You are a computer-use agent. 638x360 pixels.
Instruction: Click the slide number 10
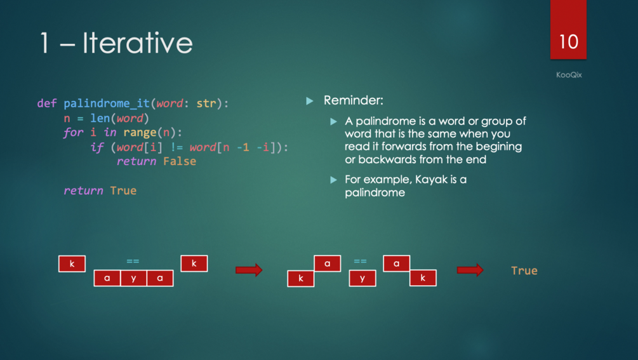click(568, 42)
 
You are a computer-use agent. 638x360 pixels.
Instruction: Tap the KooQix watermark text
click(569, 75)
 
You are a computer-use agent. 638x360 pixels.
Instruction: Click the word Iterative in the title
click(138, 43)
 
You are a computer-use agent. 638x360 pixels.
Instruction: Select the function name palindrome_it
click(107, 103)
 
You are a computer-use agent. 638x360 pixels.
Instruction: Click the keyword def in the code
click(47, 103)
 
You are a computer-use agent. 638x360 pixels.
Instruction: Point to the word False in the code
click(180, 161)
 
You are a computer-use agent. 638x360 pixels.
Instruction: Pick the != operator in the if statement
click(176, 147)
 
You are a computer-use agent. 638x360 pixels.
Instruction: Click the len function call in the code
click(100, 118)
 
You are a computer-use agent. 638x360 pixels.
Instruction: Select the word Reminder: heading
click(353, 100)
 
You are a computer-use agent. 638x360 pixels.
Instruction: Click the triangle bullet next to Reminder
click(310, 101)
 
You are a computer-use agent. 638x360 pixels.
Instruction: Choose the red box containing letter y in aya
click(133, 278)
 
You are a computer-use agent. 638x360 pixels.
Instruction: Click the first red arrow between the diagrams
click(249, 270)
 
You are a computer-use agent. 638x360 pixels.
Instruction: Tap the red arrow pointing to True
click(470, 270)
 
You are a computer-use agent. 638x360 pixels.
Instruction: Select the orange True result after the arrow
click(524, 270)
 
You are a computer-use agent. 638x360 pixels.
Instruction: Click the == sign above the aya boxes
click(133, 261)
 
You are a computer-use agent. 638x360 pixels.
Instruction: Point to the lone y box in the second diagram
click(362, 278)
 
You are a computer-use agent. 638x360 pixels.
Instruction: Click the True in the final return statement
click(123, 190)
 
